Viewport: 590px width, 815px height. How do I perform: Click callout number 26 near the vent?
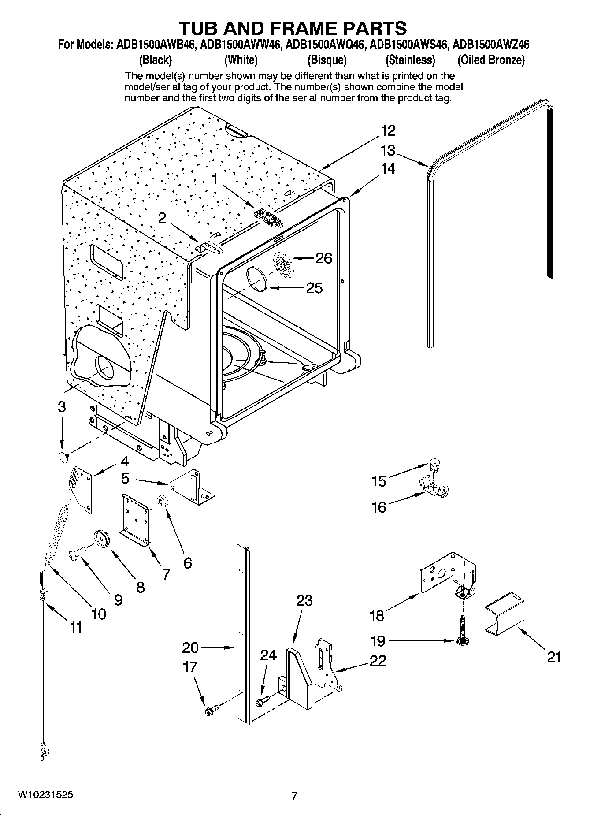(x=324, y=258)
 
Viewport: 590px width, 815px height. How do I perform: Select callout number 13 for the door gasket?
(x=388, y=151)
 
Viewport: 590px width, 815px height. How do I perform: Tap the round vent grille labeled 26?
(x=283, y=265)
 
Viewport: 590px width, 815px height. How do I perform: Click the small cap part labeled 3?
(x=63, y=457)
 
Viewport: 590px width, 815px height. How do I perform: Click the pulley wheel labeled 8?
(x=101, y=539)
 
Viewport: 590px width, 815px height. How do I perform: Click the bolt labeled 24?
(x=260, y=700)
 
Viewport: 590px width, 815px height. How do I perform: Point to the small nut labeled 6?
(x=162, y=501)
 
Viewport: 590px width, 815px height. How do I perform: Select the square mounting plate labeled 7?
(x=137, y=519)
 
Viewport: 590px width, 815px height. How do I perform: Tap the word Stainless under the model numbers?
(x=410, y=60)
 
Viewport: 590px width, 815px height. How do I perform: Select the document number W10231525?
(x=45, y=795)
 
